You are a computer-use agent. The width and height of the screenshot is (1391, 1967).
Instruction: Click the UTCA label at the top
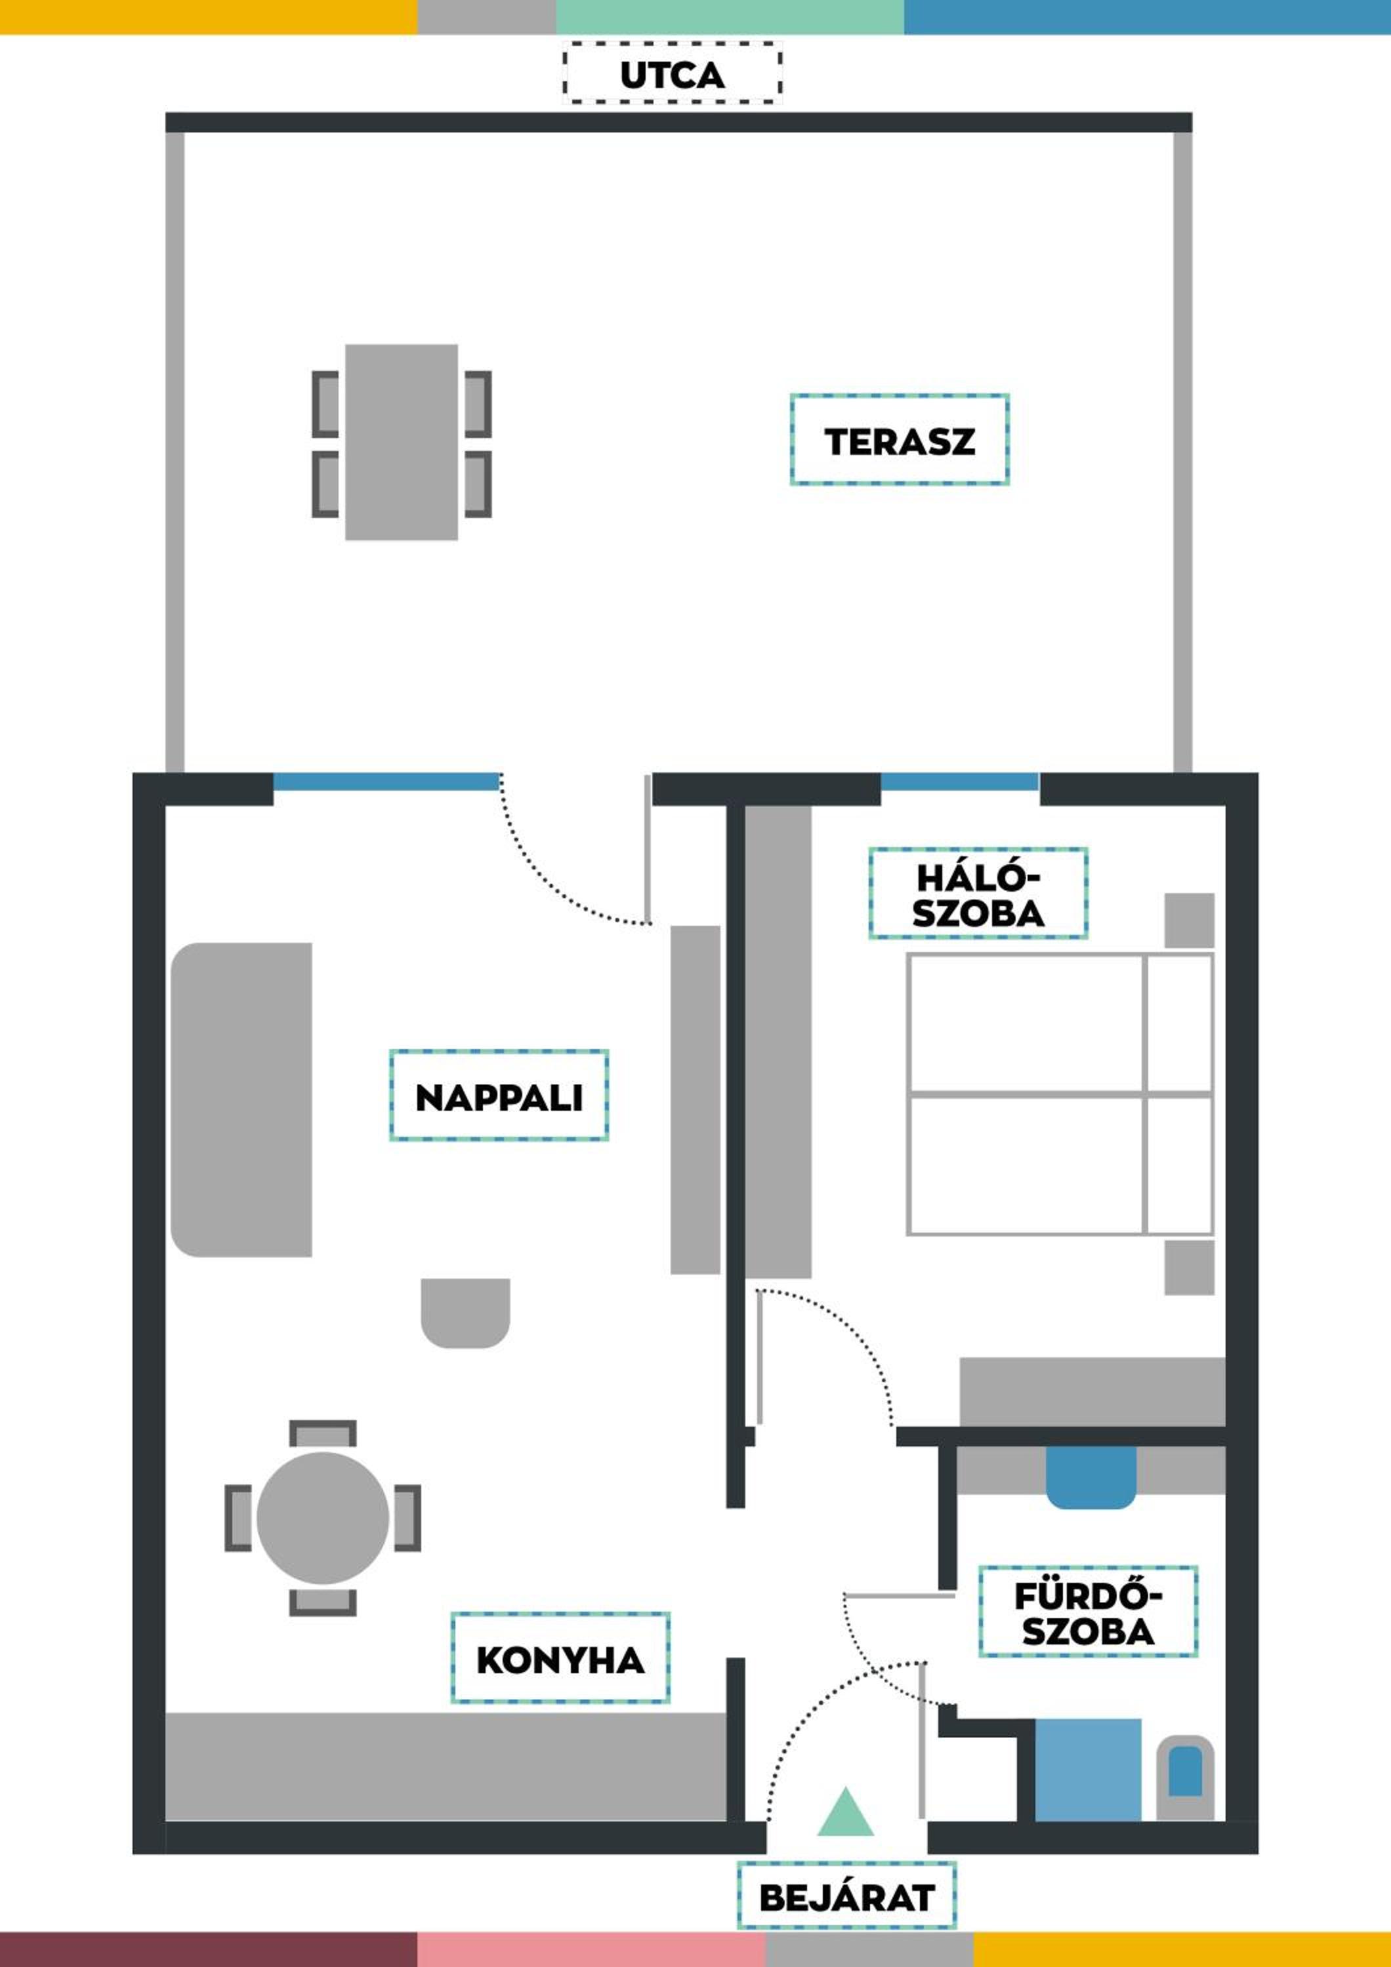click(672, 75)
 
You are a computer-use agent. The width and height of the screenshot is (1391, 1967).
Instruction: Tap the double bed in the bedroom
click(1060, 1094)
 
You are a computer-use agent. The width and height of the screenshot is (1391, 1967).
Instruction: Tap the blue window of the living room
click(386, 782)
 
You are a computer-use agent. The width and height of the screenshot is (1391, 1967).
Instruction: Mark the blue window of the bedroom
click(960, 782)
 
